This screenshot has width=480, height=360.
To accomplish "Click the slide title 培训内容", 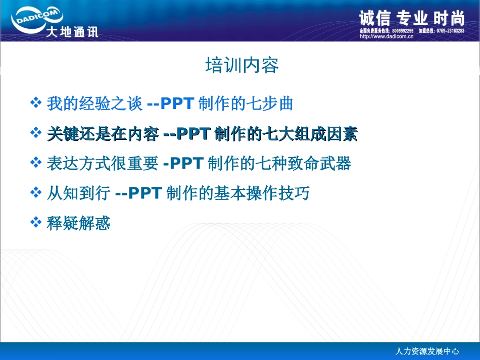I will pos(242,66).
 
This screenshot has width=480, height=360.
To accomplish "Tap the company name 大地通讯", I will pos(71,32).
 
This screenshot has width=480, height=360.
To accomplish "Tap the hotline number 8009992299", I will pos(402,31).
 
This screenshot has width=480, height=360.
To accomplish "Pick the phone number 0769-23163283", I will pos(450,31).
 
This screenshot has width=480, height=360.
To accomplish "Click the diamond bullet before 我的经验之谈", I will pos(35,104).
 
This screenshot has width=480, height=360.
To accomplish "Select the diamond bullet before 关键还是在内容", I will pos(35,133).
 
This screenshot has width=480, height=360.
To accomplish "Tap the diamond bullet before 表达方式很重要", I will pos(35,163).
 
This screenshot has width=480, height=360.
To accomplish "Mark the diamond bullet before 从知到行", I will pos(35,193).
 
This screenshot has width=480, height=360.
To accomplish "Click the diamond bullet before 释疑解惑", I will pos(35,222).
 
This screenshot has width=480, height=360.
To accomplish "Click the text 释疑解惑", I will pos(78,223).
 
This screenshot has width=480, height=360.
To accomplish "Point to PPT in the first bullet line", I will pos(177,104).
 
